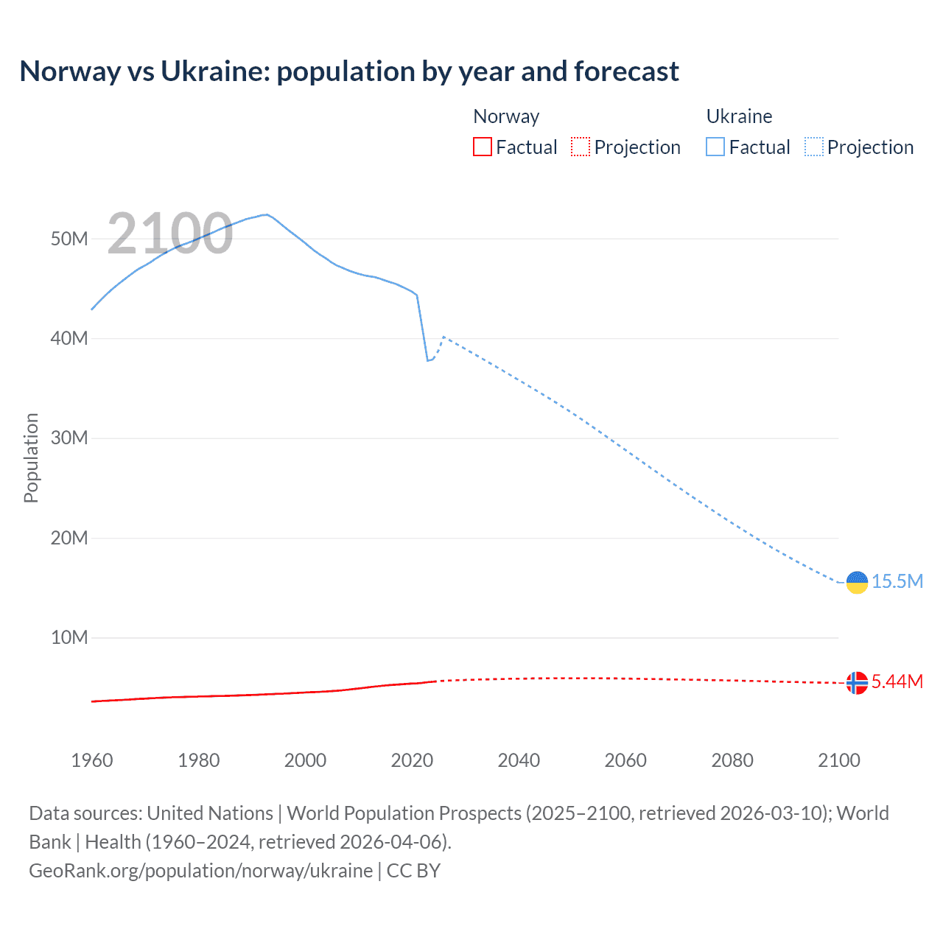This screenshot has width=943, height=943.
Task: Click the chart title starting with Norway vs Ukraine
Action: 349,71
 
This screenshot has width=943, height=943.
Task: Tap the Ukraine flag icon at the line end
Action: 857,582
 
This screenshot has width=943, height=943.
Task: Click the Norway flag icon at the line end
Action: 857,683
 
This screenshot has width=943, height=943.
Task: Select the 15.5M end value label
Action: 897,581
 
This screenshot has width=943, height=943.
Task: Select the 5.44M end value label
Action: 897,681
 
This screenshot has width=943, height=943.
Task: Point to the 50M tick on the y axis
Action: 69,239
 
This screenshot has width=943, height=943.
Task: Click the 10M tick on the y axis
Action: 69,637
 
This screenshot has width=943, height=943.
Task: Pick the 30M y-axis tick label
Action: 69,438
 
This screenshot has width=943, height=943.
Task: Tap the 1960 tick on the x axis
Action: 92,760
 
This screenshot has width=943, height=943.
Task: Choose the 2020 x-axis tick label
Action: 412,760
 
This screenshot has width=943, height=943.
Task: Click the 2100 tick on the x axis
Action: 838,760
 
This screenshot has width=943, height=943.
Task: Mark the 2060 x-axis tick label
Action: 625,760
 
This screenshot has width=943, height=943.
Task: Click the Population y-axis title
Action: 31,458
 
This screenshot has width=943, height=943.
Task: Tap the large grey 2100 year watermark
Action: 170,234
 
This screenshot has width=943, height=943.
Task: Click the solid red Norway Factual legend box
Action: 483,147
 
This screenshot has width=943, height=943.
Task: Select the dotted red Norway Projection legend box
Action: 581,147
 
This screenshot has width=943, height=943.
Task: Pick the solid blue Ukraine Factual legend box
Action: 715,147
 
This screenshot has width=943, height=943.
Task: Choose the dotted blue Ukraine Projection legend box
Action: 813,147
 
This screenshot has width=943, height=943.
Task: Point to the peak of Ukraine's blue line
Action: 266,214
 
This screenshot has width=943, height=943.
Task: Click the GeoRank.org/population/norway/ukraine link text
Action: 200,870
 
